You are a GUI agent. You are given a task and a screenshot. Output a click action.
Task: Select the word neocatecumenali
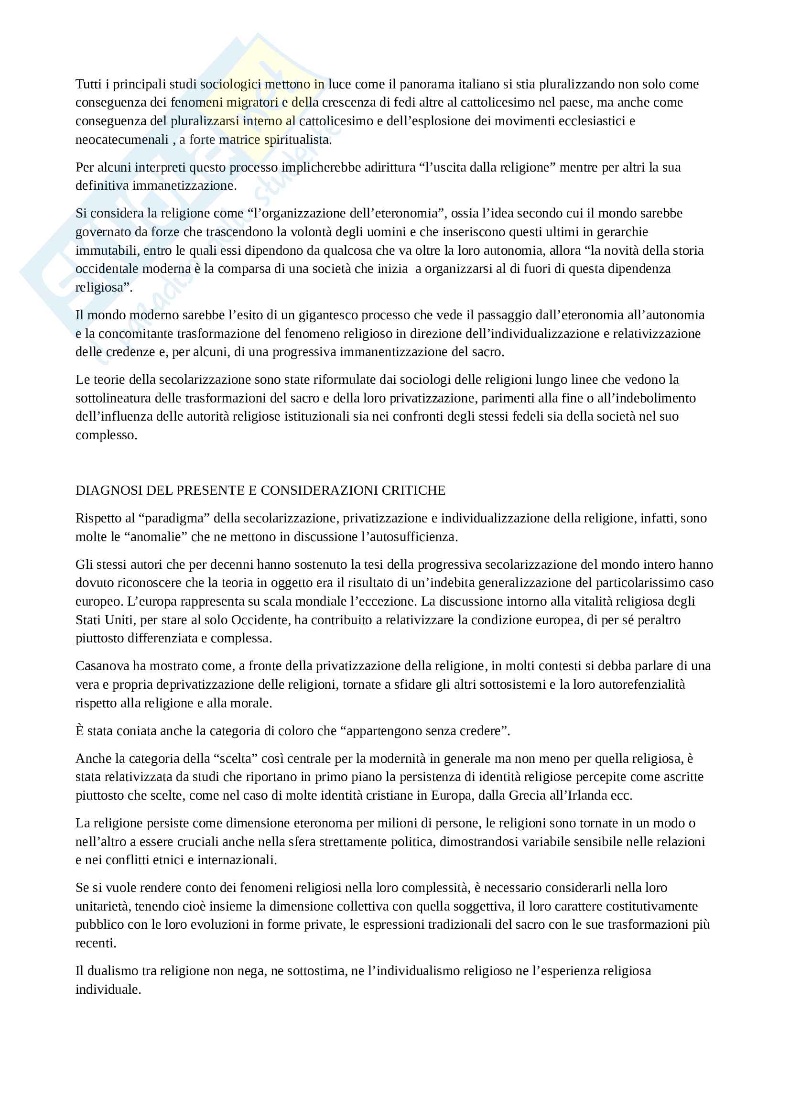(x=122, y=140)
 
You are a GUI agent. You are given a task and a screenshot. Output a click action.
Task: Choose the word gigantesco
(x=336, y=315)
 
